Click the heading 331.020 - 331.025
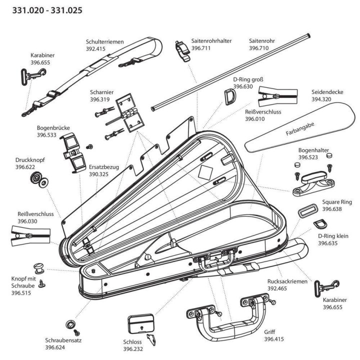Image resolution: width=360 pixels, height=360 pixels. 43,10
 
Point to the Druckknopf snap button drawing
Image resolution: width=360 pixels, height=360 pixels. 37,179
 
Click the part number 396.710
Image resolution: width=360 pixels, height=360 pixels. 259,48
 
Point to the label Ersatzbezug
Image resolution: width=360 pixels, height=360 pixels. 103,167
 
